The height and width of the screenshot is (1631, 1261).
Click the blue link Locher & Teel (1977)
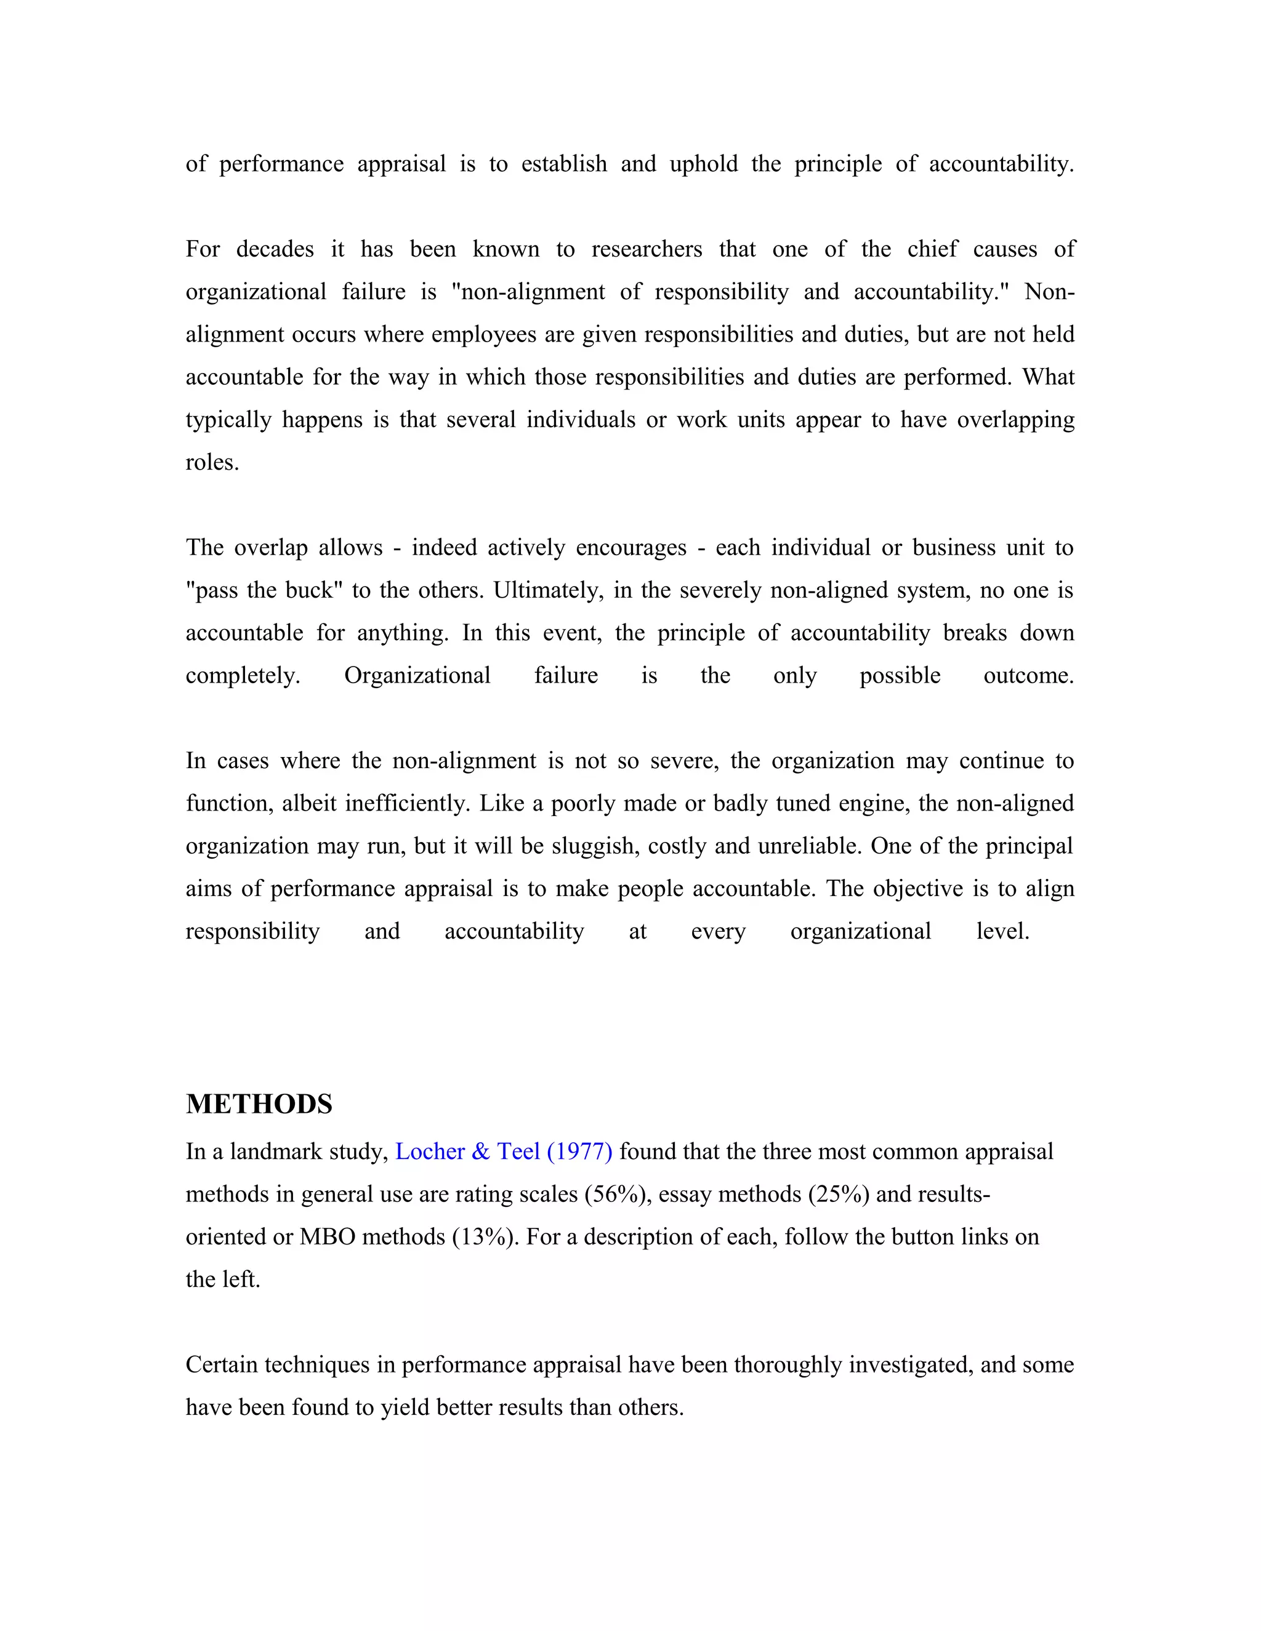504,1152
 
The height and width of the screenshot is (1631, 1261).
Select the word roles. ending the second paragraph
212,462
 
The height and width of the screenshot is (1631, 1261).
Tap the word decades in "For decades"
275,249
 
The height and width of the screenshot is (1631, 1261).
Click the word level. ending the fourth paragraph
1002,931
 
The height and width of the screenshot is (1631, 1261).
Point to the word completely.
242,676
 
